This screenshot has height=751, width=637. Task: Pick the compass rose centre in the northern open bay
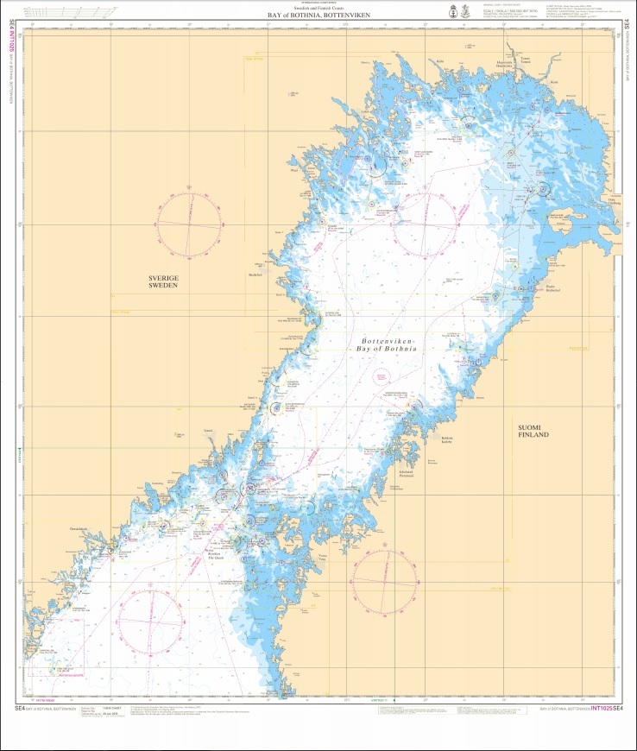pyautogui.click(x=424, y=223)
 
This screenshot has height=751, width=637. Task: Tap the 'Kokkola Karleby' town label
pyautogui.click(x=447, y=439)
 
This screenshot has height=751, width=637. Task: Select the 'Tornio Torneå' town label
pyautogui.click(x=526, y=61)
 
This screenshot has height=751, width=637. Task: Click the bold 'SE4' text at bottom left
pyautogui.click(x=19, y=708)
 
